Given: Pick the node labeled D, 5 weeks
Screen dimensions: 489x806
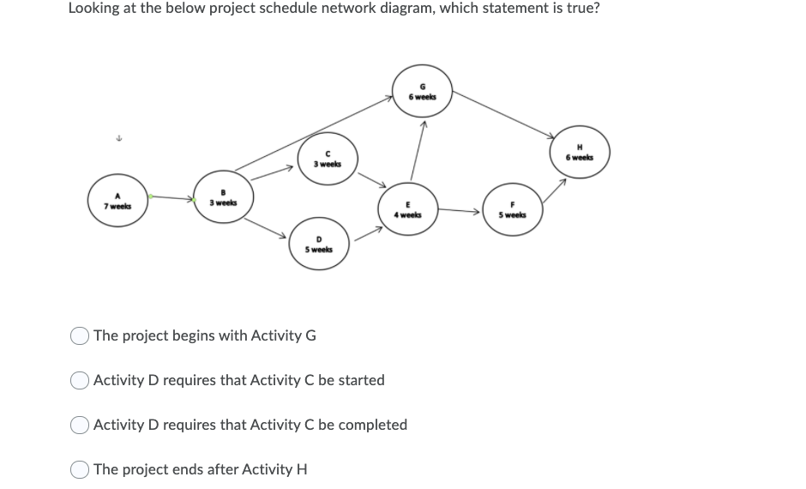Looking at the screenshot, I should click(319, 244).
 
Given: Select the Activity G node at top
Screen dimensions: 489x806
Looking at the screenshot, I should click(422, 91).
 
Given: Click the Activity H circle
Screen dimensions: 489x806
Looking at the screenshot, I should click(580, 152).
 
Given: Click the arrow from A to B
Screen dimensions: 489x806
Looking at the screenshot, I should click(171, 199).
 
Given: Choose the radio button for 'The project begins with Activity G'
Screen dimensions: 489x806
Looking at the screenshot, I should click(81, 335).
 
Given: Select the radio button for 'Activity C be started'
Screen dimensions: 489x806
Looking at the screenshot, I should click(81, 380).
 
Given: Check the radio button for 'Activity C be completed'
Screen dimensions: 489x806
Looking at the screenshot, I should click(81, 425).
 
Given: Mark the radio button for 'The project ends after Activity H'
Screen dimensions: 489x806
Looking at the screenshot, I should click(81, 469).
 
